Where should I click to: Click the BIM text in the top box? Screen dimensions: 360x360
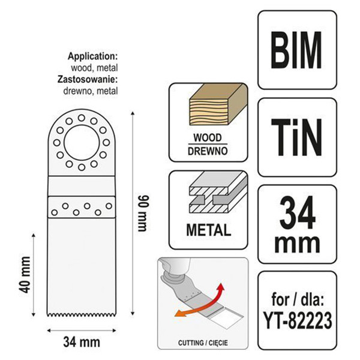pos(297,50)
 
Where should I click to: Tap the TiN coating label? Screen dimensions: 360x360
pos(297,137)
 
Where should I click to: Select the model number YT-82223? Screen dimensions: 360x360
pos(298,320)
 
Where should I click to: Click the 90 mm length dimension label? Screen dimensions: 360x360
pos(142,214)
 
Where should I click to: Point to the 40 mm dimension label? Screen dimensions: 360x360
pos(25,275)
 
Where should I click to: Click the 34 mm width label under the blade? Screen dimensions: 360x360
pos(82,342)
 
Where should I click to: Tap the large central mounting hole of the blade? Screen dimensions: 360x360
pos(82,143)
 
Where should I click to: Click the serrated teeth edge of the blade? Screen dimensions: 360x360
pos(82,314)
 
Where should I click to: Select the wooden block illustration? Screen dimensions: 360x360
pos(218,105)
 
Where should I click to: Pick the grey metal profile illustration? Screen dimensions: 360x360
pos(218,193)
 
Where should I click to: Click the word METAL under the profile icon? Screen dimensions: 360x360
pos(208,230)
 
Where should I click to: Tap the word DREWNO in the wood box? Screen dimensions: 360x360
pos(208,151)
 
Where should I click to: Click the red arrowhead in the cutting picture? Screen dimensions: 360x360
pos(220,287)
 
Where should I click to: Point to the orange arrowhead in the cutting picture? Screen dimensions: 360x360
pos(179,313)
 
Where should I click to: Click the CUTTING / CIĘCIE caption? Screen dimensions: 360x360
pos(203,343)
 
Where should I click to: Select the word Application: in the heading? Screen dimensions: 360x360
pos(93,56)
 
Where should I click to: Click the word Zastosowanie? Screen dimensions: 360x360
pos(88,79)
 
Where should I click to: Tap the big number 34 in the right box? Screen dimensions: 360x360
pos(298,212)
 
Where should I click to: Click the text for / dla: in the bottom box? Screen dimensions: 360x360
pos(298,299)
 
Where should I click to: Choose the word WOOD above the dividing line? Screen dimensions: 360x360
pos(208,137)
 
